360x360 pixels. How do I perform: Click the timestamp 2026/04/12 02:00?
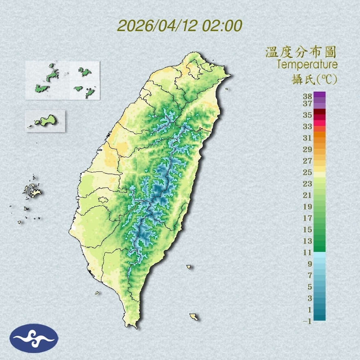(x=180, y=26)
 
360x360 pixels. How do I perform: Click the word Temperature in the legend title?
(x=307, y=65)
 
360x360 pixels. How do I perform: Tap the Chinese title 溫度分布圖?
(x=301, y=52)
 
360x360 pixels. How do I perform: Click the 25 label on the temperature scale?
(x=308, y=172)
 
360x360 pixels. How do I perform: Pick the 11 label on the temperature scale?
(x=308, y=252)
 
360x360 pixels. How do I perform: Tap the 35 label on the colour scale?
(x=308, y=115)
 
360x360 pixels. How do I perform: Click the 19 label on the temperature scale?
(x=308, y=207)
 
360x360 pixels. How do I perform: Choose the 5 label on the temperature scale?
(x=309, y=287)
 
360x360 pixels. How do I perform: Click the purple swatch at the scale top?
(x=320, y=94)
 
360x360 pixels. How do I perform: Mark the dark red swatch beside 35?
(x=320, y=112)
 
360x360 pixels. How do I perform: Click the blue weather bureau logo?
(x=34, y=338)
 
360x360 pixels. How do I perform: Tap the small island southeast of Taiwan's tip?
(x=194, y=316)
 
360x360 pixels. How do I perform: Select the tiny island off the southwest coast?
(x=97, y=293)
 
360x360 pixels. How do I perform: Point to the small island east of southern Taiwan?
(x=189, y=267)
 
